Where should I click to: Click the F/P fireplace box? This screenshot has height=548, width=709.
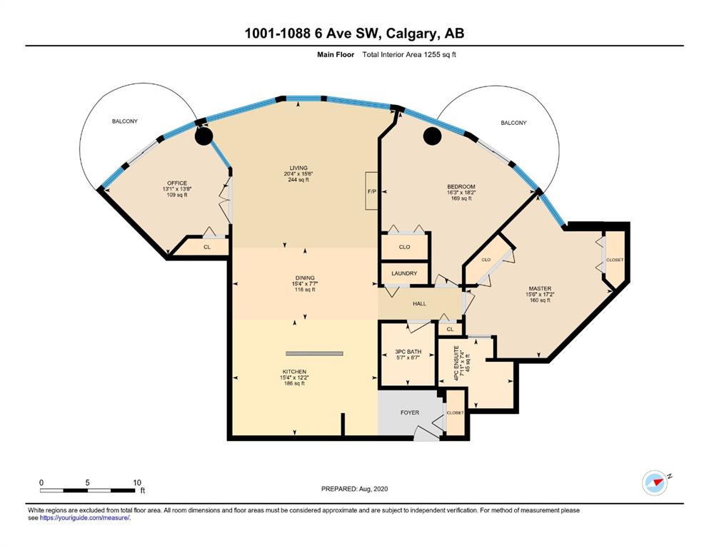pos(372,191)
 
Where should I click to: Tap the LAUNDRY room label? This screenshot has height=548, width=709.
pos(404,273)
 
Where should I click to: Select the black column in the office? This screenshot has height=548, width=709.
pos(204,136)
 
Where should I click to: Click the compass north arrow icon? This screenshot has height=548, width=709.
pos(655,482)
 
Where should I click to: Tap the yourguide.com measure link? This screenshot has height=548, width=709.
pos(85,518)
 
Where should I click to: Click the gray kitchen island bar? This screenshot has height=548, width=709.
pos(314,353)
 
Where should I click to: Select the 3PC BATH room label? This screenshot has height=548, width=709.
pos(408,352)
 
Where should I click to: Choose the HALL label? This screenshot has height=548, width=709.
pos(419,303)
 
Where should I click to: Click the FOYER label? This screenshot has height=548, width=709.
pos(410,412)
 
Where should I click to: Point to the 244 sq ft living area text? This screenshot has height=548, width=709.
pos(298,180)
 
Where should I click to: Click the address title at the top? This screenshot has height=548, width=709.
pos(354,33)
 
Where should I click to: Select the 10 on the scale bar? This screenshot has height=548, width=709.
pos(137,482)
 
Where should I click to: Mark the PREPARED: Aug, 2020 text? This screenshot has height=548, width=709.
pos(354,489)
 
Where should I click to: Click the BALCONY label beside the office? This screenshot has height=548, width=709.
pos(125,121)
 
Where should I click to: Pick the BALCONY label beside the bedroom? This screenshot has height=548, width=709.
pos(513,123)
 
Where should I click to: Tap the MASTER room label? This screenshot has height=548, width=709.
pos(540,288)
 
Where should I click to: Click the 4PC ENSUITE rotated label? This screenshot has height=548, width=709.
pos(457,362)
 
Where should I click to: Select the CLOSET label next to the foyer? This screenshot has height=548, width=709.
pos(455,412)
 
